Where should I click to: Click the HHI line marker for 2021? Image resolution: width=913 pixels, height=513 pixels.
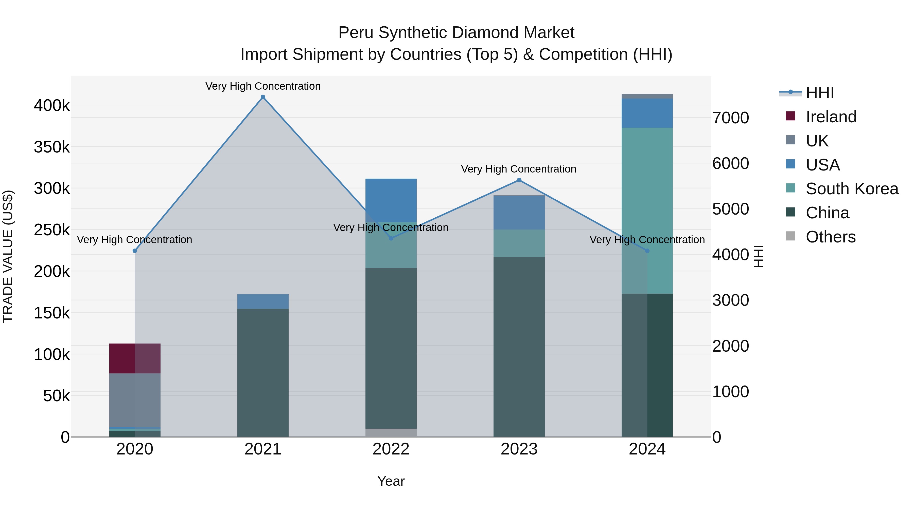pyautogui.click(x=263, y=97)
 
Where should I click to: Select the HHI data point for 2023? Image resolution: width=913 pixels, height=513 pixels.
pyautogui.click(x=519, y=180)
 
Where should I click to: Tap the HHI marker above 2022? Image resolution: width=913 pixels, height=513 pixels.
pyautogui.click(x=391, y=238)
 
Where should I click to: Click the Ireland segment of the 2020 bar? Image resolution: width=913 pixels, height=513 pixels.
pyautogui.click(x=135, y=358)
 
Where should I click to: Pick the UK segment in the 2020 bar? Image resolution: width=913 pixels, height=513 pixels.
pyautogui.click(x=135, y=400)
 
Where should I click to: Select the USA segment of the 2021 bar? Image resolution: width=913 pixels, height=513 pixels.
pyautogui.click(x=263, y=301)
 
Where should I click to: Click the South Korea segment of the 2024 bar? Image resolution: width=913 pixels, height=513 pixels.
pyautogui.click(x=647, y=211)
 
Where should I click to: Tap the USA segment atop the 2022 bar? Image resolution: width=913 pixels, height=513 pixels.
pyautogui.click(x=391, y=200)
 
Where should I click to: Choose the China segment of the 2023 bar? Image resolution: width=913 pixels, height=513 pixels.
pyautogui.click(x=519, y=347)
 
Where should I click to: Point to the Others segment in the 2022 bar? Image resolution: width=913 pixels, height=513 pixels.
pyautogui.click(x=391, y=433)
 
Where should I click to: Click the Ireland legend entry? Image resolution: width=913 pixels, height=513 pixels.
pyautogui.click(x=831, y=117)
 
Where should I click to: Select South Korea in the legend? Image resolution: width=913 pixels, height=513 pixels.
pyautogui.click(x=852, y=189)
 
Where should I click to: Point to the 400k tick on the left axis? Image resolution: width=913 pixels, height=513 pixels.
pyautogui.click(x=52, y=105)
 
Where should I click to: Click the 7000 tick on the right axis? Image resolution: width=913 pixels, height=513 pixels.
pyautogui.click(x=731, y=118)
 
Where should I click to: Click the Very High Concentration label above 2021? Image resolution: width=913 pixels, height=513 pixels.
pyautogui.click(x=263, y=86)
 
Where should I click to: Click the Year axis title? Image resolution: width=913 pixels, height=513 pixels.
pyautogui.click(x=391, y=481)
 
